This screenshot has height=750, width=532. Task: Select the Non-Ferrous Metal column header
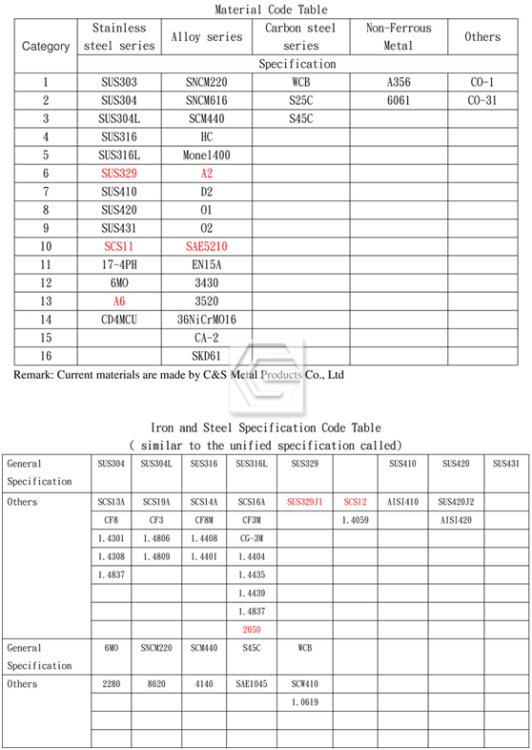point(399,36)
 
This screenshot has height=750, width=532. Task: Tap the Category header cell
point(46,46)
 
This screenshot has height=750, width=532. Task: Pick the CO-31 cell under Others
point(482,101)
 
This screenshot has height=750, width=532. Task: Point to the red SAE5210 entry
point(206,246)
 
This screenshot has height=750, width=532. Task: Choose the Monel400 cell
point(206,156)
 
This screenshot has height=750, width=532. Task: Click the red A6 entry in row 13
point(119,301)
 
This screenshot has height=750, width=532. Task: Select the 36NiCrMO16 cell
point(207,319)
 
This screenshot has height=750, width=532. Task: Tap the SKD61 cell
point(207,355)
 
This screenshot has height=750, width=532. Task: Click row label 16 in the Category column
point(46,355)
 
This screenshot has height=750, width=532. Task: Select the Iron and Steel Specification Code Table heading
point(266,428)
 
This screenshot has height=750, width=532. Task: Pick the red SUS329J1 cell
point(305,501)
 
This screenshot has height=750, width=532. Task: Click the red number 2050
point(252,629)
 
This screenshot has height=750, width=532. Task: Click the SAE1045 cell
point(252,684)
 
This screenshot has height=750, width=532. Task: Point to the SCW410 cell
point(305,684)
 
